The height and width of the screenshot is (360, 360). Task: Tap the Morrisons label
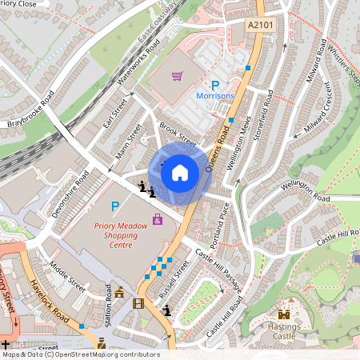coord(215,96)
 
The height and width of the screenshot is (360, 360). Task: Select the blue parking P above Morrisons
coord(214,84)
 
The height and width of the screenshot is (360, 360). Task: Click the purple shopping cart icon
coord(177,77)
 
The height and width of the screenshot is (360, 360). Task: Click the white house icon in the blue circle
coord(180,172)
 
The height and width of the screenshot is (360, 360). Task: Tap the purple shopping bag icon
coord(158,218)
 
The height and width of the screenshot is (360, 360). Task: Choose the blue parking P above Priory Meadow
coord(114,206)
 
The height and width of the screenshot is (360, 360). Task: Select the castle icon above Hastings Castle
coord(283,314)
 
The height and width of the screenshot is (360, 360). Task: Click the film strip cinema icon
coord(139,303)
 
